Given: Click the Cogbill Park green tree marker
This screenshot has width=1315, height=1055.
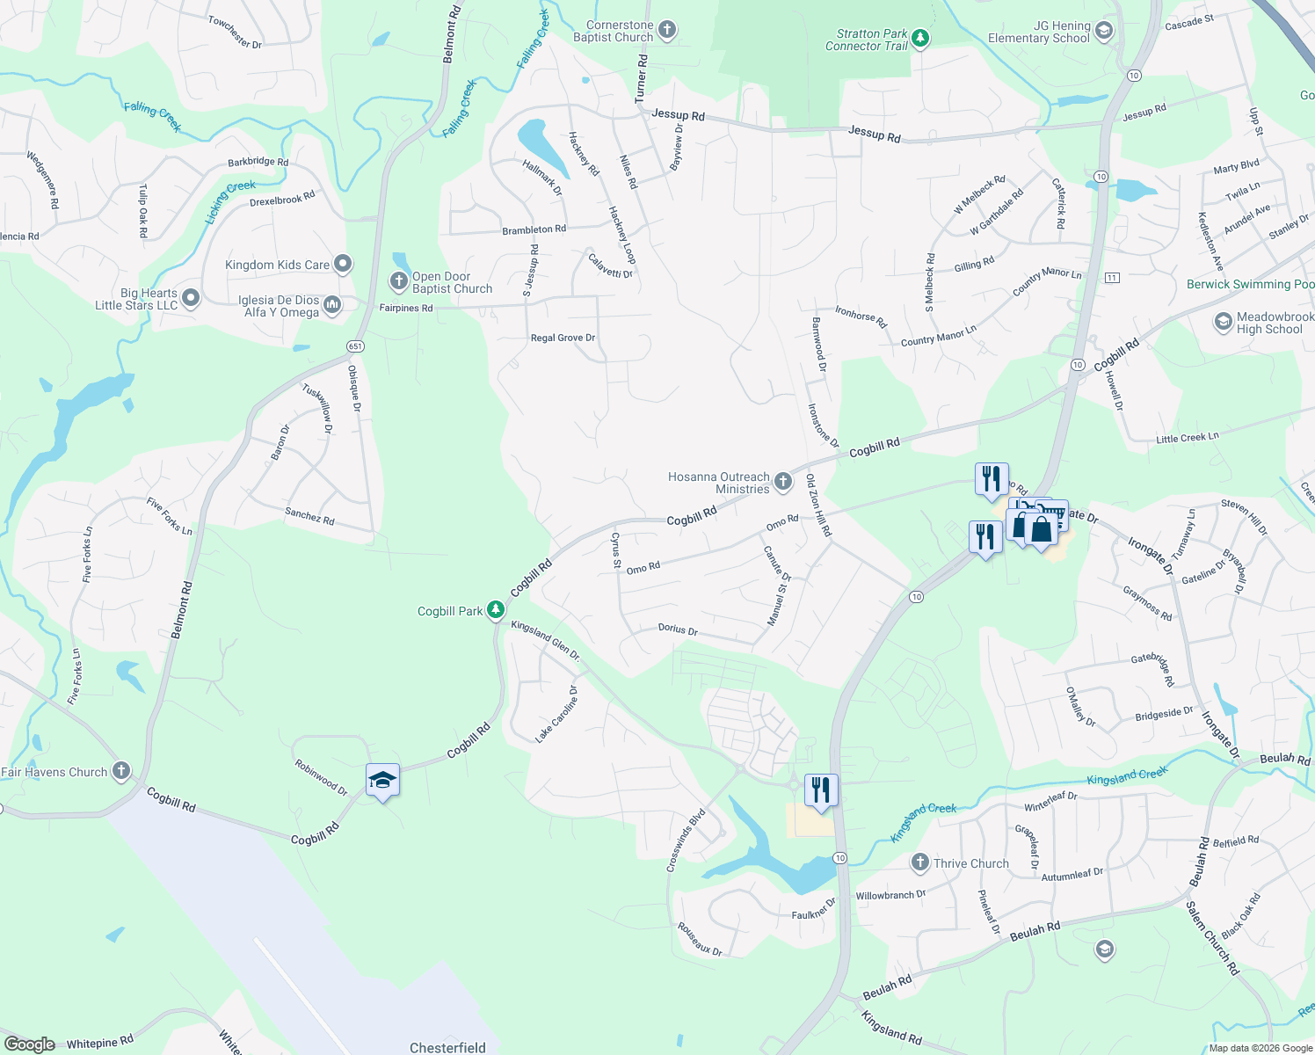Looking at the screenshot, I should click(496, 609).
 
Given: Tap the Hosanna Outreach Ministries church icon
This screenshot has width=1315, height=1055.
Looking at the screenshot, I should click(783, 482).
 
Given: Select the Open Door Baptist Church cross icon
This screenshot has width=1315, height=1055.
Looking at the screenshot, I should click(398, 281).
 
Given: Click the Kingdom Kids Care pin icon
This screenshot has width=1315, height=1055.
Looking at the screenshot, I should click(343, 264).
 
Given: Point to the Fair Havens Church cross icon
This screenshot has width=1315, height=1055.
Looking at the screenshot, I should click(121, 771).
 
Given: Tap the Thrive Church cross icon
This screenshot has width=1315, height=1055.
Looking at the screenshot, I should click(920, 862).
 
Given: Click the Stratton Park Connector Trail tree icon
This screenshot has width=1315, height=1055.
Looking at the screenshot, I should click(920, 38).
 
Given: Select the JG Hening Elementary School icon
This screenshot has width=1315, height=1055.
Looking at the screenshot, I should click(1104, 32).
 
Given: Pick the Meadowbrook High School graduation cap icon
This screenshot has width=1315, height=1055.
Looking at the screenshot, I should click(1223, 322).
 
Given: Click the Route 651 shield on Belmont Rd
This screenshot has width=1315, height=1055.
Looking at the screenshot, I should click(355, 346).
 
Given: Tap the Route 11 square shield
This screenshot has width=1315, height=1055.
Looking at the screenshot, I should click(1113, 278).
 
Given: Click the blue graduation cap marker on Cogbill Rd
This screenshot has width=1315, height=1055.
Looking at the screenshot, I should click(382, 780).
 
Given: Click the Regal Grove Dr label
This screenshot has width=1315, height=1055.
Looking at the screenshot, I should click(563, 338).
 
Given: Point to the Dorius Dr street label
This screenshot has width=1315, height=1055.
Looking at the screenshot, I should click(678, 630).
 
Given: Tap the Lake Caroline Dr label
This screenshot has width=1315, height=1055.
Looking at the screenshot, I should click(557, 714).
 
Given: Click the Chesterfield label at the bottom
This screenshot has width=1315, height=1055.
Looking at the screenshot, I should click(447, 1047).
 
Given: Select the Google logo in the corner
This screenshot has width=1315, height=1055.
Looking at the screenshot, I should click(30, 1044).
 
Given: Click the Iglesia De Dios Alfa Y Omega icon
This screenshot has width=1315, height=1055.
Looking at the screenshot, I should click(332, 305).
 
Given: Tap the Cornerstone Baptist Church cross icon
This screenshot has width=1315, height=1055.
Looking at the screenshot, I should click(667, 31).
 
